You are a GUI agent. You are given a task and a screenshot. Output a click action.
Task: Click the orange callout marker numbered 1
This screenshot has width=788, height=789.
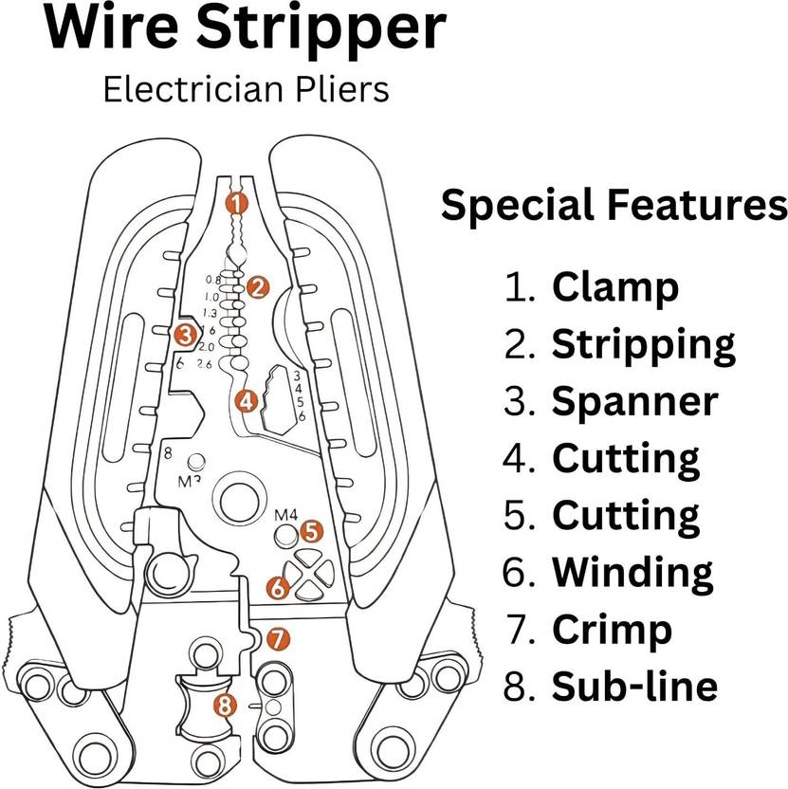point(237,202)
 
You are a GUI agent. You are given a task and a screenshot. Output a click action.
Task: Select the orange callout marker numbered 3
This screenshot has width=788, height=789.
point(185,334)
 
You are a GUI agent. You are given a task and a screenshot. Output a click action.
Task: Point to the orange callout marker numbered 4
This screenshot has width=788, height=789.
point(247,401)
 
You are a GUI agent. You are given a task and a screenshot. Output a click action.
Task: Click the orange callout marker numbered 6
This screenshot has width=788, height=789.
point(277,587)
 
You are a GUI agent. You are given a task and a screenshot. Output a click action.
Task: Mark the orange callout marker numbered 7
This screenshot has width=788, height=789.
point(276,639)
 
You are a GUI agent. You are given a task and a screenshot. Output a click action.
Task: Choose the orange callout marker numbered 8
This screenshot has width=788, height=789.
point(225,705)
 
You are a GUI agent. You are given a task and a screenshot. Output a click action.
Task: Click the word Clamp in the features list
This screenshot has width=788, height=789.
point(614,286)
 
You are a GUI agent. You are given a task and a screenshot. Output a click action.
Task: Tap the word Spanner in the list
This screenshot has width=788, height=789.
point(634,401)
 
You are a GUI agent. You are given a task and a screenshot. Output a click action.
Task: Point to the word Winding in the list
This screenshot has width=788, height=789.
point(632,572)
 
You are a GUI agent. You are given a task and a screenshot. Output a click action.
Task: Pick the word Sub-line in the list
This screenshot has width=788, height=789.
point(633,686)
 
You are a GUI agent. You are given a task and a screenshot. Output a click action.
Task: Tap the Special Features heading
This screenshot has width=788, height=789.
point(614,206)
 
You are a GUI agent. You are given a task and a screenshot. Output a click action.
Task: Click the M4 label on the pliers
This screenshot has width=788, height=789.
point(285,515)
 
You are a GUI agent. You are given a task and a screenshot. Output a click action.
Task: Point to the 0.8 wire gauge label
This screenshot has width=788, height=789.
point(211,280)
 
